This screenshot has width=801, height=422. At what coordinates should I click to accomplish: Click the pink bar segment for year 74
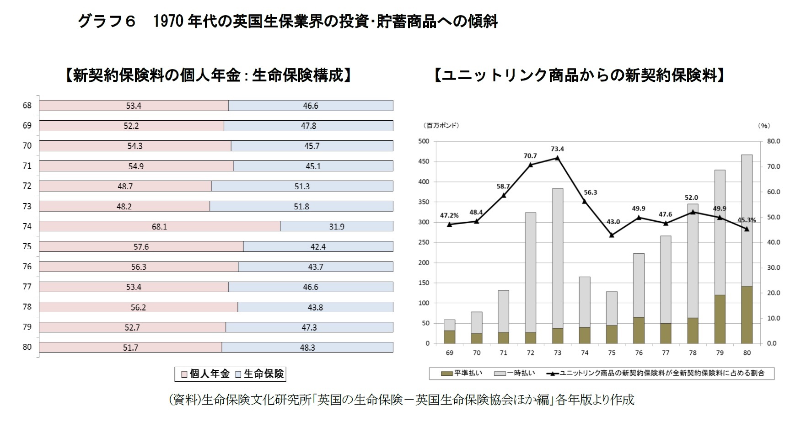[160, 226]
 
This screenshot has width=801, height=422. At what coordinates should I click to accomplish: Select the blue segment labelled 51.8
[301, 206]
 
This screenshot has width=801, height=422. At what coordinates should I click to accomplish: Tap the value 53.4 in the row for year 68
[134, 106]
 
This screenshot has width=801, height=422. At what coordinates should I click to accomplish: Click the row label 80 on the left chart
[27, 347]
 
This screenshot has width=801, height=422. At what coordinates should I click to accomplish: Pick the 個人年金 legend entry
[205, 374]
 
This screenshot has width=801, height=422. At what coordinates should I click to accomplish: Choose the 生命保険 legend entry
[259, 374]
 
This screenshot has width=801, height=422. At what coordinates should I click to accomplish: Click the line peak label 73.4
[557, 149]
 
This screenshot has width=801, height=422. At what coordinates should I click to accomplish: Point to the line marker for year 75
[612, 235]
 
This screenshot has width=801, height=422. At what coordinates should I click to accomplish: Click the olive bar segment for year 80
[747, 315]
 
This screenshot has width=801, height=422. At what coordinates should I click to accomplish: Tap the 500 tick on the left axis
[424, 141]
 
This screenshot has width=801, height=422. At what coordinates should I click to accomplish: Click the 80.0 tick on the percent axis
[774, 141]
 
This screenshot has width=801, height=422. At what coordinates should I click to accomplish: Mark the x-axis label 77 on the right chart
[666, 353]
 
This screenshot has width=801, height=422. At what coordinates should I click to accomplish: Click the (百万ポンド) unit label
[441, 125]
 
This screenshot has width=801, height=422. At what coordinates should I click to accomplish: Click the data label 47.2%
[449, 215]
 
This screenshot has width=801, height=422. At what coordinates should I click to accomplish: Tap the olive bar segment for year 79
[720, 319]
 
